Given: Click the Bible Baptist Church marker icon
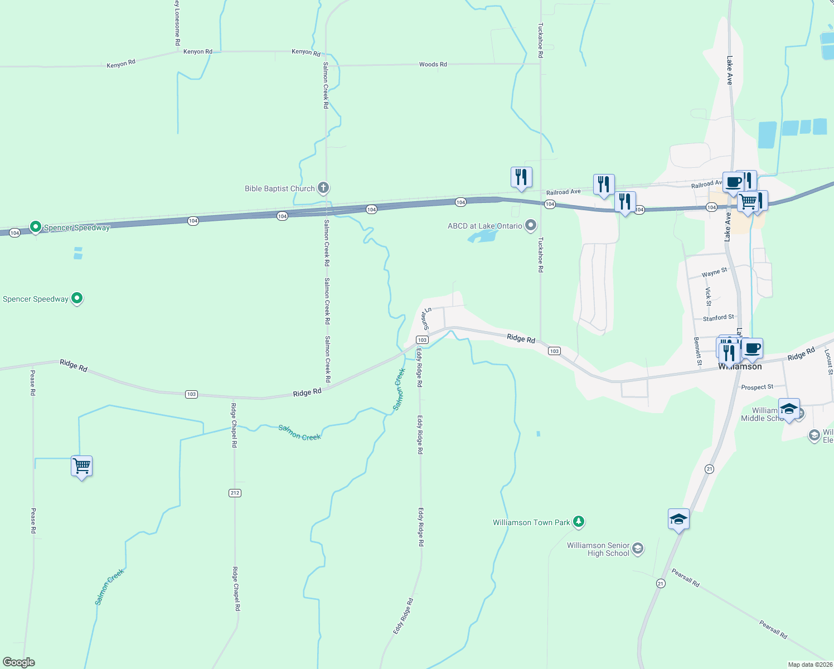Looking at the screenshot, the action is point(323,188).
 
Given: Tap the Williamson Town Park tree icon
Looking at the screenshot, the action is point(579,522).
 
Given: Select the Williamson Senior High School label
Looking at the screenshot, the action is point(598,549).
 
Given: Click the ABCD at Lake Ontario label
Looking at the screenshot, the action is point(485,226).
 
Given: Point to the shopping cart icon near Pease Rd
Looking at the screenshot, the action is point(81,465).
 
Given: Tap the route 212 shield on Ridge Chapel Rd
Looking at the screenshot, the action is point(235,493).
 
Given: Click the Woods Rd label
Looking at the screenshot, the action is point(433,64).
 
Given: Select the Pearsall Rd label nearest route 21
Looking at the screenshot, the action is point(685,578).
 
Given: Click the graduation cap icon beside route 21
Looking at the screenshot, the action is point(678,519).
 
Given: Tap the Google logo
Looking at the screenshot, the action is point(18,662).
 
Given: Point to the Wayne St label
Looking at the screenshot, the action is point(714,272).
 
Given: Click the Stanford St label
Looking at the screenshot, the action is point(718,318).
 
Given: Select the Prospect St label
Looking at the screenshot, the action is point(757,387).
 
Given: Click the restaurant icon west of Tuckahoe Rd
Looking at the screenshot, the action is point(521,177).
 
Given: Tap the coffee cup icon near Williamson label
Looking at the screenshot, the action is point(752,348).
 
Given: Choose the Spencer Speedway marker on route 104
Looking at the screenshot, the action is point(36,226).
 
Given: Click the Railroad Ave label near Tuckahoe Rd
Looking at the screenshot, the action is point(563,192).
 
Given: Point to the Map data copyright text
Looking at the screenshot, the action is point(810,665).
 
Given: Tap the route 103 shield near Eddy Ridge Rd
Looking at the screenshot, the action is point(422,340).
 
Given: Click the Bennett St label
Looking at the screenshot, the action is point(697,351).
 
